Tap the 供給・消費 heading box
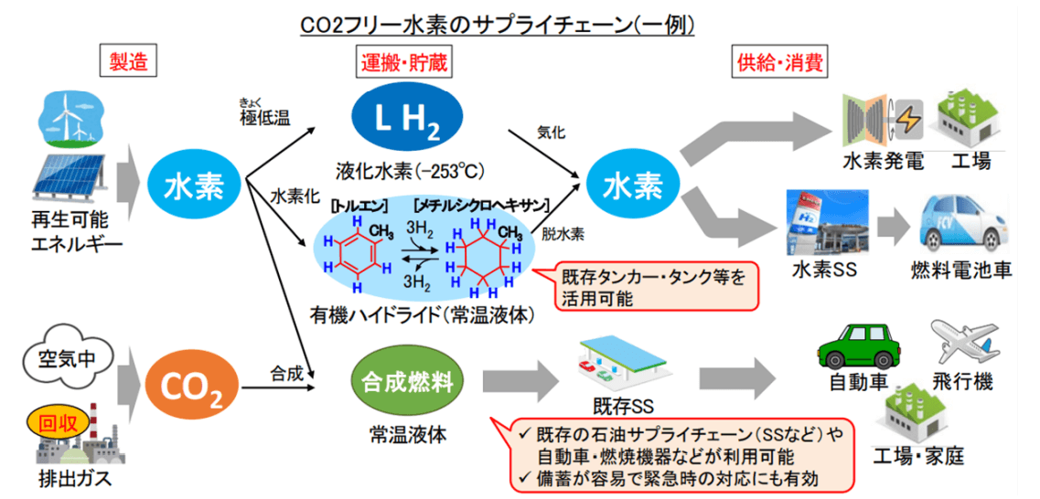click(779, 62)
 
